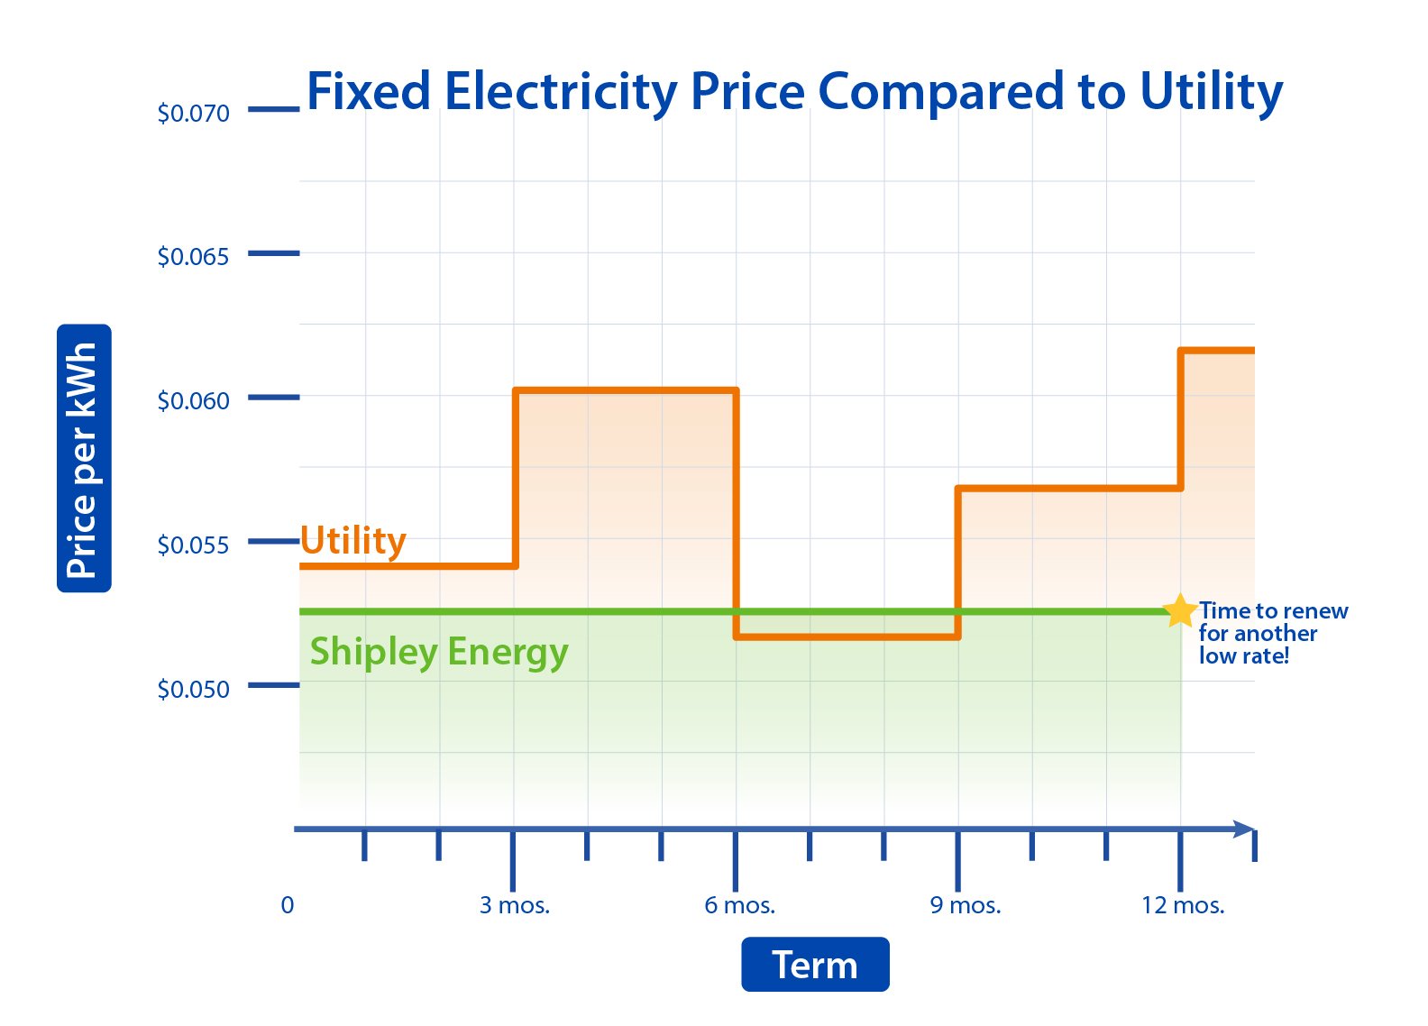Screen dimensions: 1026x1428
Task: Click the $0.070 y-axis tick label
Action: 193,114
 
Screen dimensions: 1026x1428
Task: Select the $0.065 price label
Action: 193,257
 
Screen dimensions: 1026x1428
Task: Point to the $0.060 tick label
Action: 193,400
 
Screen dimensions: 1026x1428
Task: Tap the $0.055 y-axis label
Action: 193,545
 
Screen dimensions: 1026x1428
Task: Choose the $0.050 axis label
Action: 193,689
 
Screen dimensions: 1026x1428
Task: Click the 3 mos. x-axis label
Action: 514,905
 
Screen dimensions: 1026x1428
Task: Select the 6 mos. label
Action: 739,905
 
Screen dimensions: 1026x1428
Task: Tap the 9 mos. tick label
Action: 966,905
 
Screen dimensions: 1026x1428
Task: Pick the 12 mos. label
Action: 1183,905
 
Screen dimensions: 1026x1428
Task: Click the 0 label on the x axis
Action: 288,905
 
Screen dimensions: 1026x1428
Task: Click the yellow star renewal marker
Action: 1179,610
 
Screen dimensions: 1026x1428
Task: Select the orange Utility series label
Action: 353,541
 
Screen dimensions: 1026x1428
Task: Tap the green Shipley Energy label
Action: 439,651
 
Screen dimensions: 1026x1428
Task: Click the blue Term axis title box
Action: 815,965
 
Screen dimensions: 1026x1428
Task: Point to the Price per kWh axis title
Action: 83,458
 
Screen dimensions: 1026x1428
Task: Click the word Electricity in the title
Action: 561,92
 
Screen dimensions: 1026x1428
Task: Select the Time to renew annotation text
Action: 1272,633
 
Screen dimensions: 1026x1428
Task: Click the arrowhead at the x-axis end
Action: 1244,829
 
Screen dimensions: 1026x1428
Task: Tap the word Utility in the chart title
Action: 1211,92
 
